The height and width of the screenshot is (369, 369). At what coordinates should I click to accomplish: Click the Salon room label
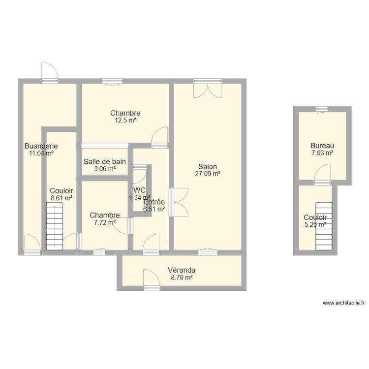tap(208, 167)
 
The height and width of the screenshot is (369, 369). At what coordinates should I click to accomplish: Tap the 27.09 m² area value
tap(208, 174)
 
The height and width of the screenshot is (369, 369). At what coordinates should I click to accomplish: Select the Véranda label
tap(182, 270)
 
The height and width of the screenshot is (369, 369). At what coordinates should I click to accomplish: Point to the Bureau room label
tap(322, 146)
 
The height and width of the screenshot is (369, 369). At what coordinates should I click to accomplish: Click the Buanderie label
tap(41, 146)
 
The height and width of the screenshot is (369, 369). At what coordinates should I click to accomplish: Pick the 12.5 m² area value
tap(125, 121)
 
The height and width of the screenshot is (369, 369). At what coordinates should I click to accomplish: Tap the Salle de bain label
tap(105, 162)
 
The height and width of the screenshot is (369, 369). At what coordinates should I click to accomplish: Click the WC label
tap(139, 190)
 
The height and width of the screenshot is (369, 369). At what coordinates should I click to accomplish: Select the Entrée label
tap(154, 202)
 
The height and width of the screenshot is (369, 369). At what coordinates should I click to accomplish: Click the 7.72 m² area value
tap(105, 222)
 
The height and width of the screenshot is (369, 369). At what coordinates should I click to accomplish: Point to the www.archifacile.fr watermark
tap(343, 303)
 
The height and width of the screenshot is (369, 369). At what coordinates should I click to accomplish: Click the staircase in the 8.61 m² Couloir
tap(55, 226)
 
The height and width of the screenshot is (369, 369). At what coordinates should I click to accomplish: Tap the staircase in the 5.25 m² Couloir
tap(324, 226)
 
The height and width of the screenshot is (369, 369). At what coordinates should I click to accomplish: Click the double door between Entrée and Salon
tap(179, 202)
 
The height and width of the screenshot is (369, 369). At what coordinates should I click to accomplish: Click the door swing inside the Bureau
tap(323, 174)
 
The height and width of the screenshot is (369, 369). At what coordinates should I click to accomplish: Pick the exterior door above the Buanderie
tap(50, 72)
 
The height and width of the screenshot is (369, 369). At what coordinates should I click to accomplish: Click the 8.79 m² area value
tap(182, 277)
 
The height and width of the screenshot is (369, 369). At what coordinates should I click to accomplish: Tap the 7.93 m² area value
tap(322, 153)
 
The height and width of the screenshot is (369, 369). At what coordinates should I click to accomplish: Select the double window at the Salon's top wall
tap(208, 88)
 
